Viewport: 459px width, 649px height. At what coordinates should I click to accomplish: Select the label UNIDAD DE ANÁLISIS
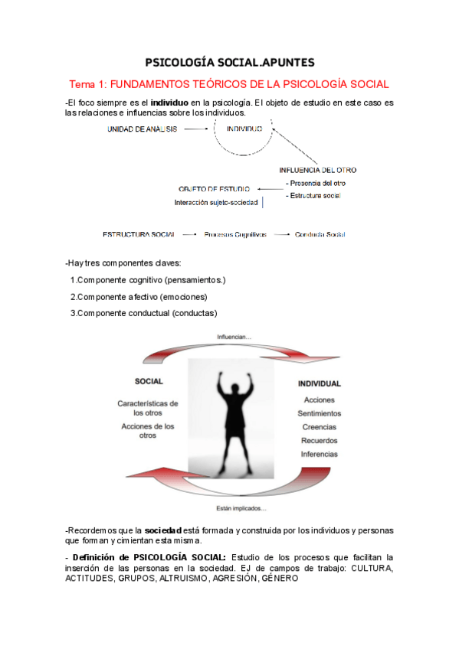click(142, 129)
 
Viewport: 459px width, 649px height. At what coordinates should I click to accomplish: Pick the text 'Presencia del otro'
click(315, 183)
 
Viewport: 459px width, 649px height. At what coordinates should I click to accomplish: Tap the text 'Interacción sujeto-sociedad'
click(217, 203)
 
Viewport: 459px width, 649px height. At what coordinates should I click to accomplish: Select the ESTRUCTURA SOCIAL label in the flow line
click(139, 234)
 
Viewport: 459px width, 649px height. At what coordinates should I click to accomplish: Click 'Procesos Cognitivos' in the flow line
click(234, 234)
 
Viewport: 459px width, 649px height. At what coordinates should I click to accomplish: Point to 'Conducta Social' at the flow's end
click(320, 234)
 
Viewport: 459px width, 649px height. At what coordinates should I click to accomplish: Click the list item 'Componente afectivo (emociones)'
click(139, 297)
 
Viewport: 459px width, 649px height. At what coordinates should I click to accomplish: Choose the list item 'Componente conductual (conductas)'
click(143, 313)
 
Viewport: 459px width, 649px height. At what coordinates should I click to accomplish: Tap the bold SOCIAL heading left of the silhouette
click(148, 381)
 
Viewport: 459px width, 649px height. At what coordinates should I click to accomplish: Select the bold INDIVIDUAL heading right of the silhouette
click(319, 383)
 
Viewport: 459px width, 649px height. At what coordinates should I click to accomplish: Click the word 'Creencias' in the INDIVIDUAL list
click(319, 427)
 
